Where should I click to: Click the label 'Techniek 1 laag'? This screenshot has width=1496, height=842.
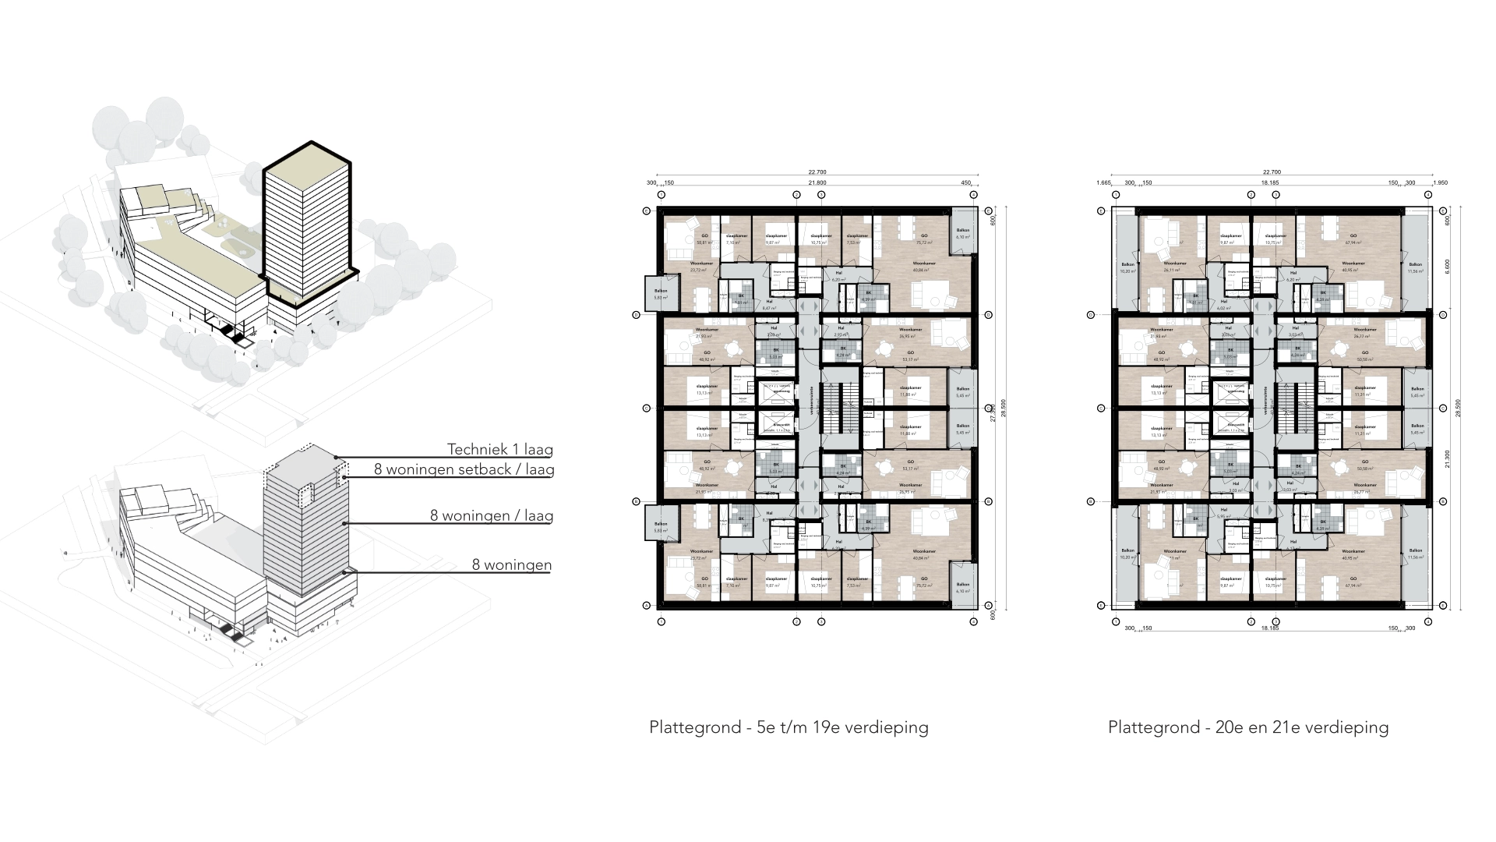coord(499,450)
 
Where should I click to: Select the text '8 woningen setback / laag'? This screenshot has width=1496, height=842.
coord(464,469)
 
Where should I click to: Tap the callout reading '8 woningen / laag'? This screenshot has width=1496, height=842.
coord(491,515)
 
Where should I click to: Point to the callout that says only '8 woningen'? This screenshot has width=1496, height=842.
coord(511,565)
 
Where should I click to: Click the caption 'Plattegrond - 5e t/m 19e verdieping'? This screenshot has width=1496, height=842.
coord(789,727)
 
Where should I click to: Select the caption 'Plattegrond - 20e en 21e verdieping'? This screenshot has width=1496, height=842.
coord(1248,727)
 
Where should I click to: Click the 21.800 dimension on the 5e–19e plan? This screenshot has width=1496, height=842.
coord(817,182)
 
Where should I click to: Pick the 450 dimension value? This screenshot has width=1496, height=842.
coord(966,182)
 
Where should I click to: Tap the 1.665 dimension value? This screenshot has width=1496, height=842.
coord(1103,182)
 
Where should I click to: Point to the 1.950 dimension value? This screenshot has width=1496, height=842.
coord(1441,182)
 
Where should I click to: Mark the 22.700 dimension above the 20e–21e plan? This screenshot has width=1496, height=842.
coord(1272,172)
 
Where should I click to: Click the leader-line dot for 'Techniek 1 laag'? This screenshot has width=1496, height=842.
coord(336,458)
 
